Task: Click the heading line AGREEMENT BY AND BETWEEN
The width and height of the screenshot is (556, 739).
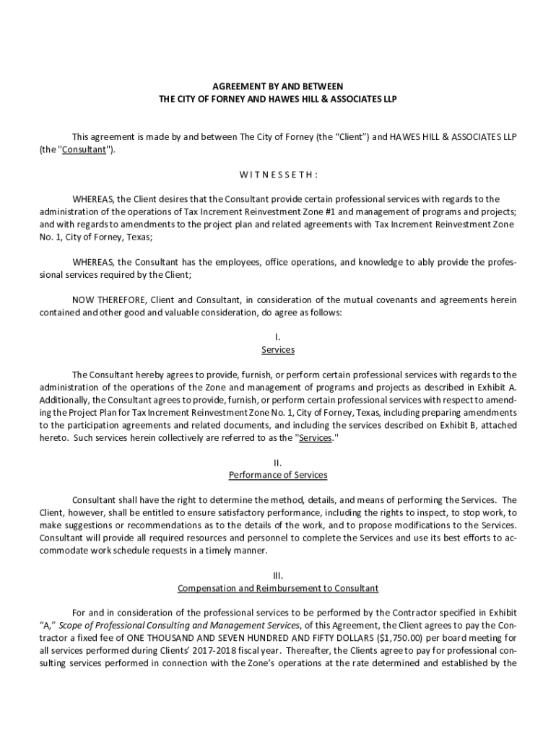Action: point(277,86)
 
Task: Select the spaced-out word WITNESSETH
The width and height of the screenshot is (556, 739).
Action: point(278,175)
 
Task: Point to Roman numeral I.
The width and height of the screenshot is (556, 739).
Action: point(278,337)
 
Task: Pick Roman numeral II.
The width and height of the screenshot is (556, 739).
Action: point(278,463)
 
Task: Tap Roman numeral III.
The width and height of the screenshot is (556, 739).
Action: point(278,575)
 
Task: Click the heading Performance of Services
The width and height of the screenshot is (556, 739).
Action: point(278,475)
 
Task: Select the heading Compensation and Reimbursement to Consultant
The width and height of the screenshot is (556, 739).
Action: point(278,588)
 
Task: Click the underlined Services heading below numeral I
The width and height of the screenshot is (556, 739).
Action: point(278,350)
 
